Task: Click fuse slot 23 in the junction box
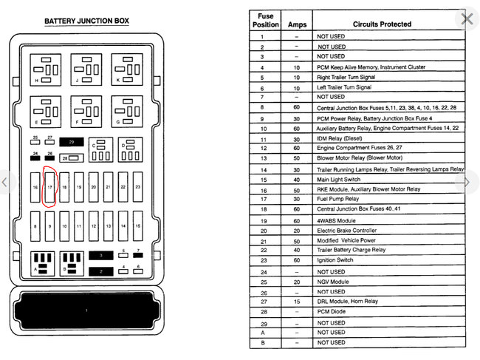(x=137, y=188)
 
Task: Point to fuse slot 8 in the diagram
(x=35, y=225)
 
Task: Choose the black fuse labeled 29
(x=72, y=140)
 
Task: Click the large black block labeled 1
(x=87, y=310)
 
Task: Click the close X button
(x=467, y=18)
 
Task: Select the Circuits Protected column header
(x=382, y=24)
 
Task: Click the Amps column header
(x=296, y=24)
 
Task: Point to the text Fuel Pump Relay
(x=338, y=200)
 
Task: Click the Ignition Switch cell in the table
(x=337, y=260)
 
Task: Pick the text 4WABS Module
(x=337, y=220)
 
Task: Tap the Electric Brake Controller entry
(x=346, y=231)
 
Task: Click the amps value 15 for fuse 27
(x=296, y=302)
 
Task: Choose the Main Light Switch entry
(x=339, y=179)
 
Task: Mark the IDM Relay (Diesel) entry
(x=340, y=139)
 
